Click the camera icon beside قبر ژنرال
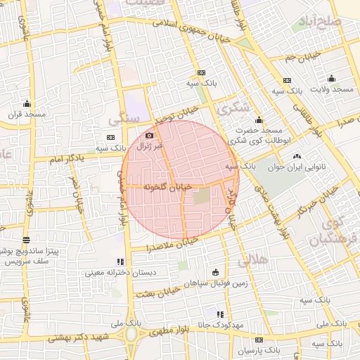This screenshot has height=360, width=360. coord(149,136)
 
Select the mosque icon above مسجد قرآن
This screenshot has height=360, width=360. coord(27,103)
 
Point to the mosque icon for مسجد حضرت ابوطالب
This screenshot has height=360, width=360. coord(259,120)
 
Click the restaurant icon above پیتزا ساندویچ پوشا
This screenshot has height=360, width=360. coord(26,240)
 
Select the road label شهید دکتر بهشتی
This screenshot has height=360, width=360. coord(81,338)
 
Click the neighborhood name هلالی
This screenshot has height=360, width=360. coord(252,260)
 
